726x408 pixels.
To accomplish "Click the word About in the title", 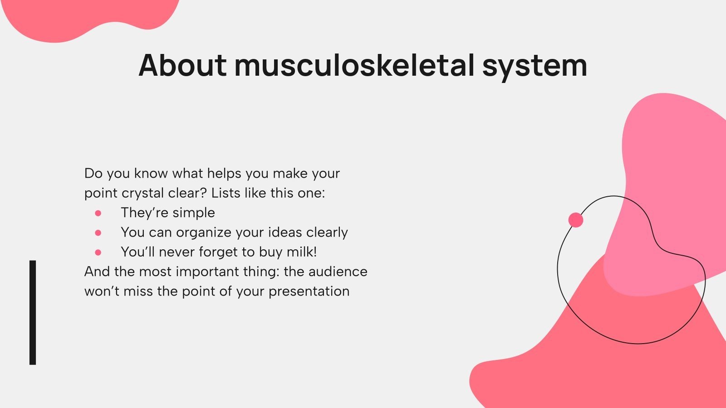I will (182, 65).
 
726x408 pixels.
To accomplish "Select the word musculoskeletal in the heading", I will (354, 65).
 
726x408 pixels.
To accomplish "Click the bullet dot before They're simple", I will (98, 213).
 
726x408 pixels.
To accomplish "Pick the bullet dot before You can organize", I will (98, 233).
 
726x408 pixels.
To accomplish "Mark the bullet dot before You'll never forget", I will (98, 252).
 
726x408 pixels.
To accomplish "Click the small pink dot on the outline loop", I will (576, 220).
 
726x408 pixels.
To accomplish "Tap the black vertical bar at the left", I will (33, 312).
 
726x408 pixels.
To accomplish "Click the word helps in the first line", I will (224, 173).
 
